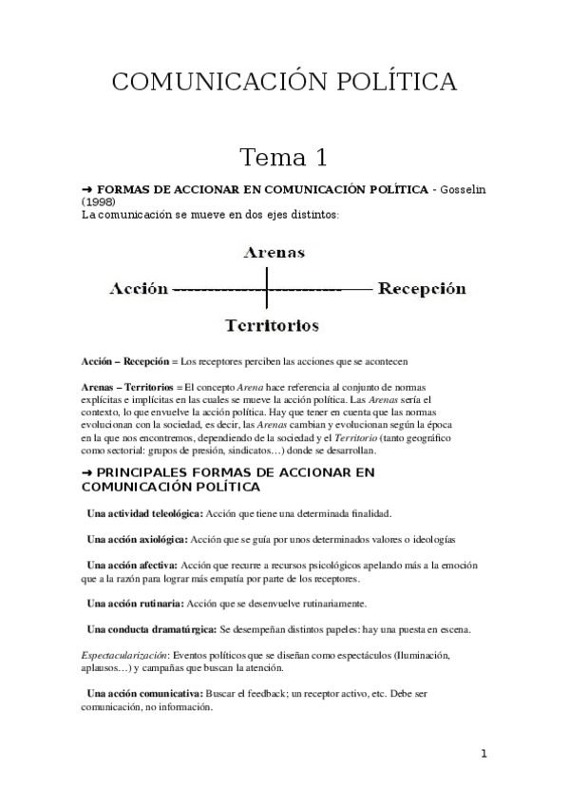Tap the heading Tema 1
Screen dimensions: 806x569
click(283, 156)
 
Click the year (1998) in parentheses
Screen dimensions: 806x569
click(101, 202)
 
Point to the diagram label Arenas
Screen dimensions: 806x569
click(274, 253)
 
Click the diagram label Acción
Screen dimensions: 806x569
click(140, 288)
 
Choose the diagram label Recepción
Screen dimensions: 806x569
click(422, 288)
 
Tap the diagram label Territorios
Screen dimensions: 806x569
click(272, 325)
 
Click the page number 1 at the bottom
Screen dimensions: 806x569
click(484, 755)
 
